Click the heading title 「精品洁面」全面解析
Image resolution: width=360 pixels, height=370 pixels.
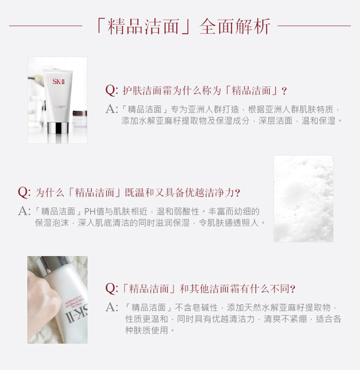pos(183,26)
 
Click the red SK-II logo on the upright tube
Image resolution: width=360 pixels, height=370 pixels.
pos(59,81)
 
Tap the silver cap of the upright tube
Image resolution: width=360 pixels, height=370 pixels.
pos(58,128)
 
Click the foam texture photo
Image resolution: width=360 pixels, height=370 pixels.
pos(303,198)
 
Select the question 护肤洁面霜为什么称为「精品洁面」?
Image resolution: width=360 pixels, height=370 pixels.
pos(196,90)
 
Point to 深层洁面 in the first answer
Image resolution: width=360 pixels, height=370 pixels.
pos(276,120)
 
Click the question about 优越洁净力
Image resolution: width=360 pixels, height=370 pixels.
pos(129,192)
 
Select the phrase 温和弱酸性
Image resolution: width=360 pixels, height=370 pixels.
pos(178,211)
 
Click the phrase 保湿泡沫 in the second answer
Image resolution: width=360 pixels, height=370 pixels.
pos(52,222)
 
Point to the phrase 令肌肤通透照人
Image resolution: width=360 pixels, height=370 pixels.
pos(229,222)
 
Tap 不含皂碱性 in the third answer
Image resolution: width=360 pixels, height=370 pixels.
pos(196,307)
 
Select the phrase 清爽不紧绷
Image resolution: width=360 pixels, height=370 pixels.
pos(285,319)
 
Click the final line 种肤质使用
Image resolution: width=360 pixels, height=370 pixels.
pos(146,330)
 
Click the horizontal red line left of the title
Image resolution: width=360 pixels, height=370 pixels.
pos(46,26)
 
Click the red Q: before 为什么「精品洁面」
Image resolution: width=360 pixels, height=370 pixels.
pos(24,192)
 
